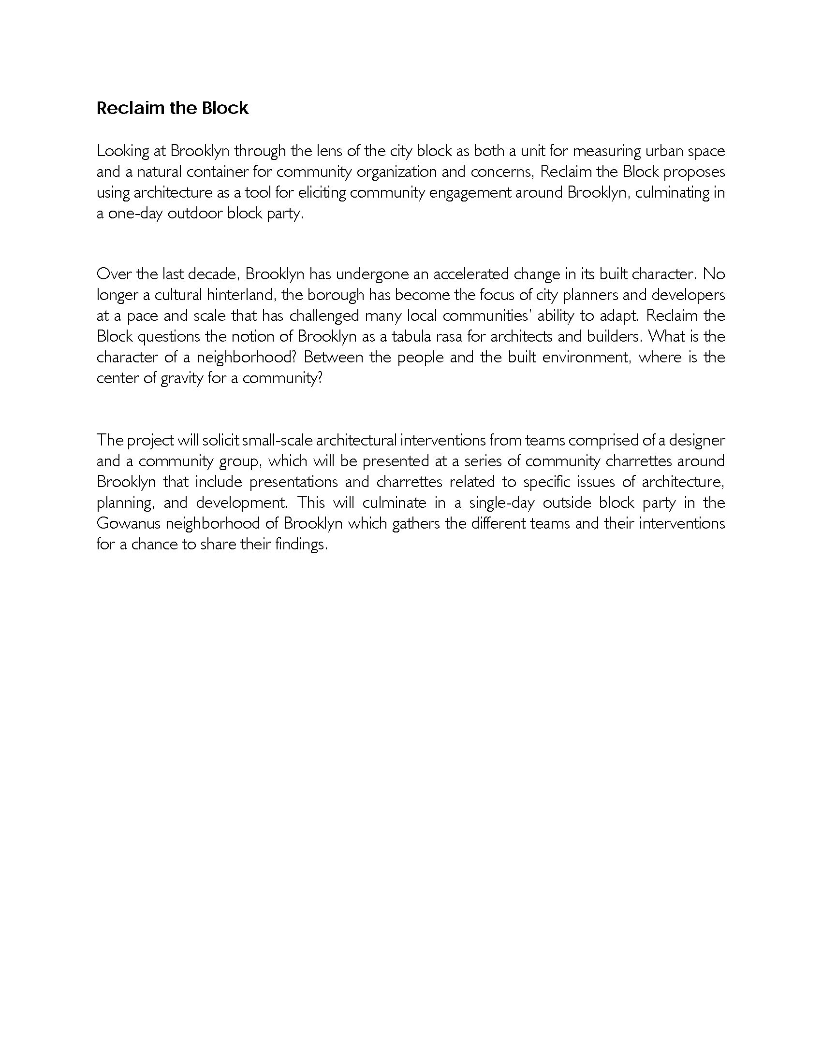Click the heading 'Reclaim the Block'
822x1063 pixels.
click(x=173, y=108)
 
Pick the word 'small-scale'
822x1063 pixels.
click(x=277, y=441)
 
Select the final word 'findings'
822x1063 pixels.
click(x=300, y=545)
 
